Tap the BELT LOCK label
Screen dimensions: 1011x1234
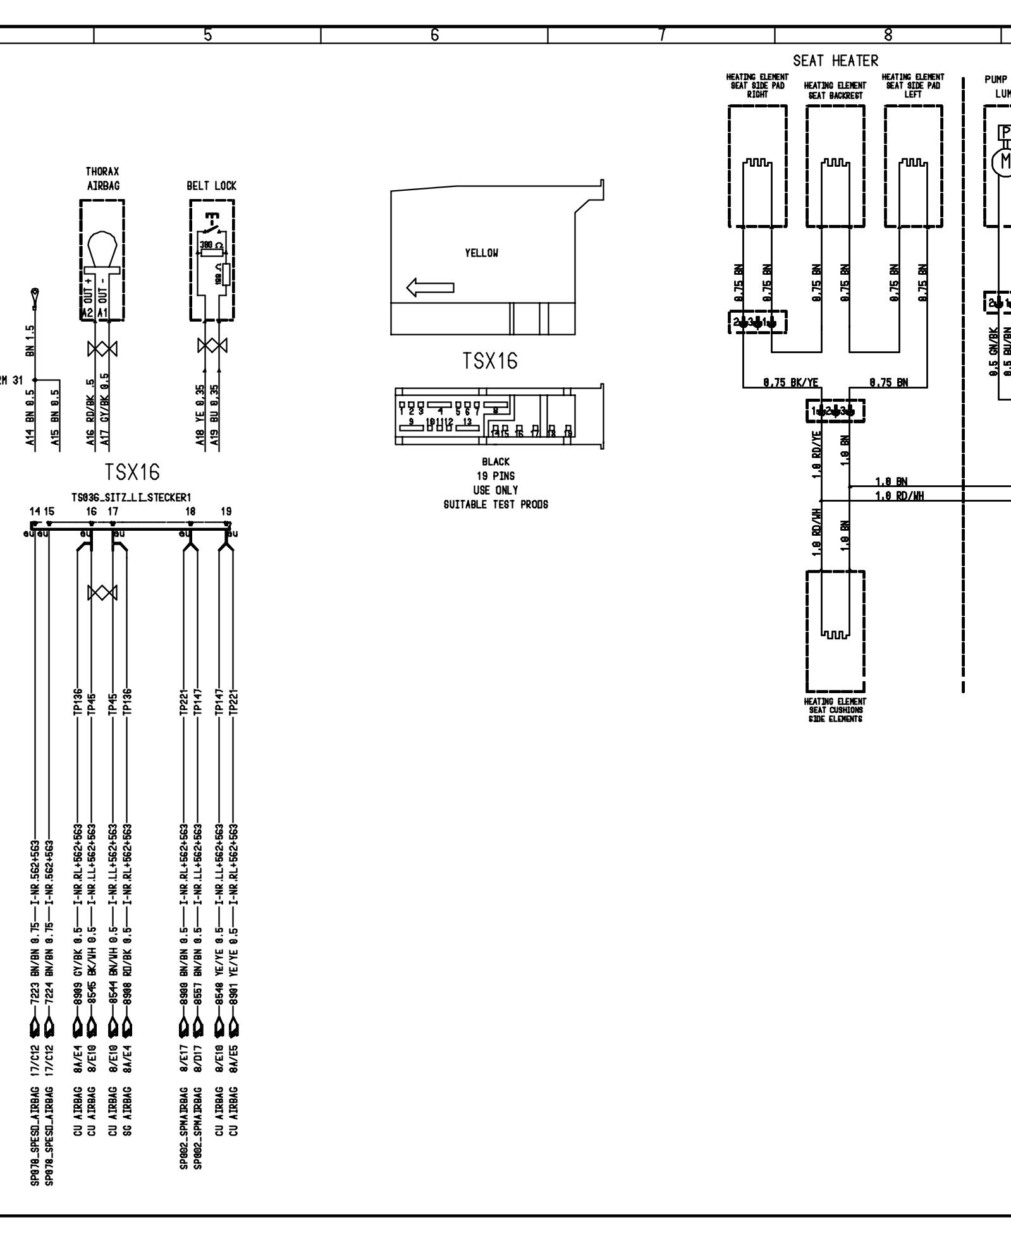tap(211, 186)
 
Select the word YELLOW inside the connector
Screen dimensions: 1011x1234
tap(481, 253)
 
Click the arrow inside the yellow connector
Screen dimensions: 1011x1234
tap(430, 289)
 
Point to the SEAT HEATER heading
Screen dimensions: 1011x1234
tap(835, 61)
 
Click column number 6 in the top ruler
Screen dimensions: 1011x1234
tap(434, 35)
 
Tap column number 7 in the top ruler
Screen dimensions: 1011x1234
tap(661, 35)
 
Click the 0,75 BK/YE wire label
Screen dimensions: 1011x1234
tap(790, 382)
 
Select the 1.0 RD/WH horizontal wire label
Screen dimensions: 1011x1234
tap(899, 496)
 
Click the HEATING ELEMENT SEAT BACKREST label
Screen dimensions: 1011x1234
tap(835, 90)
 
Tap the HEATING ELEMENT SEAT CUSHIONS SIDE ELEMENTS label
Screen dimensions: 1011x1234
tap(835, 710)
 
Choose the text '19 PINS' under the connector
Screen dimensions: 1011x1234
tap(495, 476)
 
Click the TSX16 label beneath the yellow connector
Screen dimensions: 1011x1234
tap(490, 361)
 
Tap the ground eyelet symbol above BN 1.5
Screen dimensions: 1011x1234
tap(34, 294)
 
